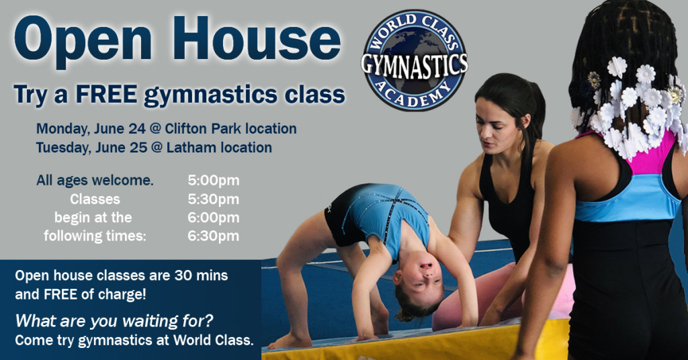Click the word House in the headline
coord(257,38)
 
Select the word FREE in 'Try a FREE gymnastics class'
coord(106,94)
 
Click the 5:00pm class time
coord(213,180)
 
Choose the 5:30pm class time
coord(213,199)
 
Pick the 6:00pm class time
coord(213,218)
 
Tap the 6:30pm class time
coord(213,236)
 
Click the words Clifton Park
coord(203,128)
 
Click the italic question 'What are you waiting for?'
coord(114,321)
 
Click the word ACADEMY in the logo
coord(413,95)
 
